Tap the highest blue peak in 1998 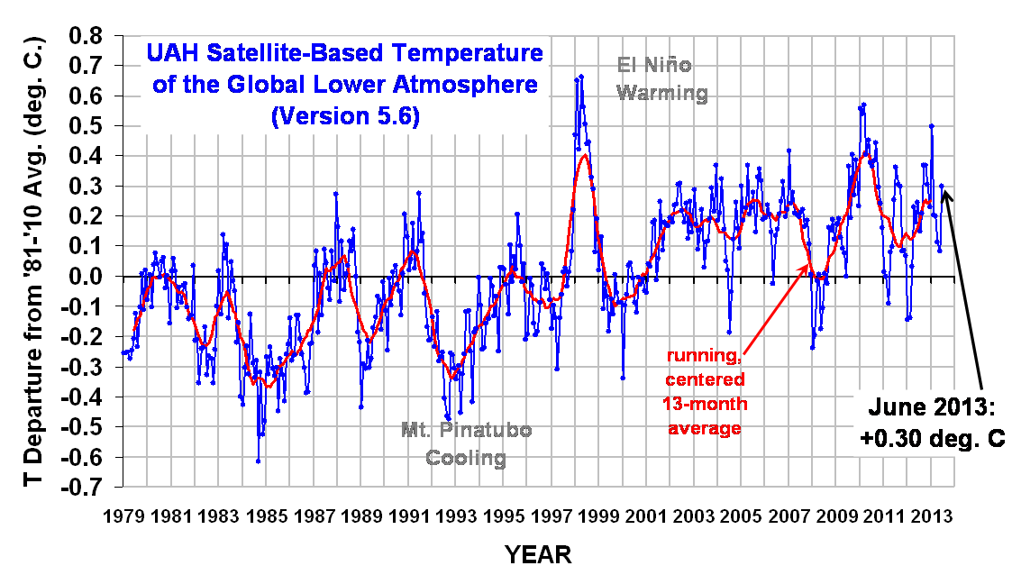581,77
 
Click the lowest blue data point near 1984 258,461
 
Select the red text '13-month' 704,403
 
